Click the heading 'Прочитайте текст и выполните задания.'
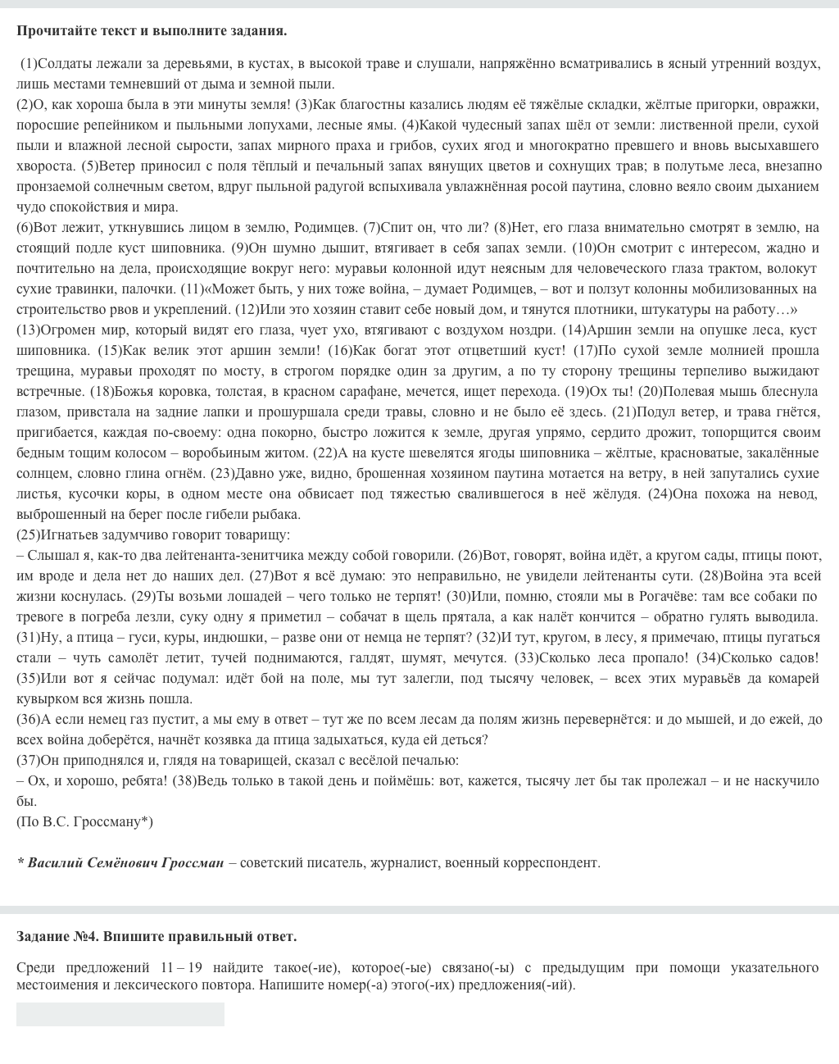point(152,31)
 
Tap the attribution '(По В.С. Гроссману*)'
point(84,821)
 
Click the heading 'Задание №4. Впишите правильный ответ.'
point(156,936)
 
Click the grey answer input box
point(120,1014)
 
